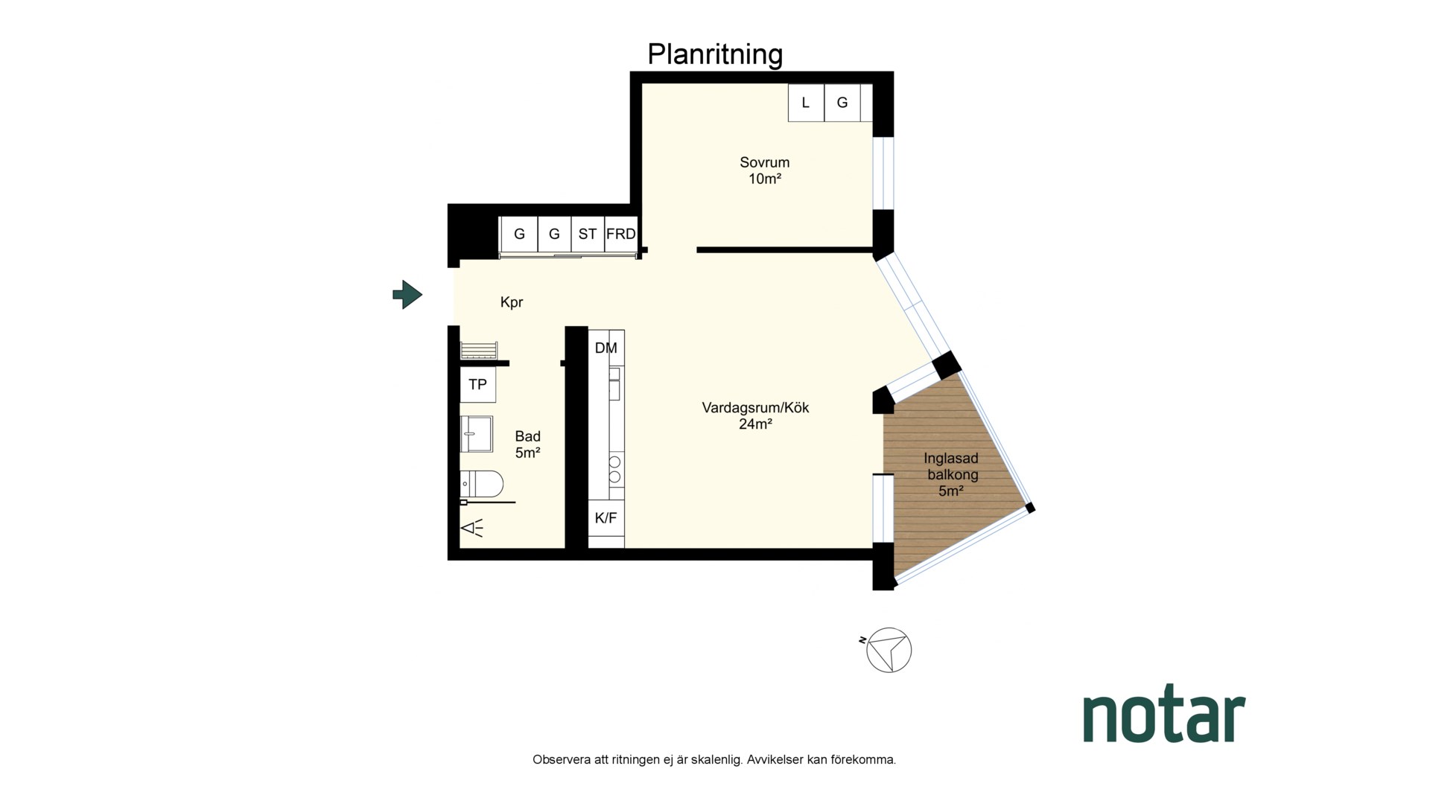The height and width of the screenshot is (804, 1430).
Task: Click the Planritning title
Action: tap(715, 55)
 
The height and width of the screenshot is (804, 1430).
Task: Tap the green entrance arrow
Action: tap(407, 295)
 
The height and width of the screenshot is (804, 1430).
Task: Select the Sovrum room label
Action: tap(764, 162)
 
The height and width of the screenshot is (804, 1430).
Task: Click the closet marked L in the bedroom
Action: tap(806, 103)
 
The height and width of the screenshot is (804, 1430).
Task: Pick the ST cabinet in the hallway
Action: tap(588, 234)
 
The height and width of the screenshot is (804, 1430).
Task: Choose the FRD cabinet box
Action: tap(620, 234)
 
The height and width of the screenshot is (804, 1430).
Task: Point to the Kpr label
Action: tap(512, 302)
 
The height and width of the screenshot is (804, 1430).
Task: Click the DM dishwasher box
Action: tap(606, 348)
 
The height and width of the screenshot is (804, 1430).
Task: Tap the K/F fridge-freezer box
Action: tap(606, 518)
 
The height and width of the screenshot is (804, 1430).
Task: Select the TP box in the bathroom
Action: tap(477, 384)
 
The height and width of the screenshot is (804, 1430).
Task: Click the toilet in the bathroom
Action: tap(481, 484)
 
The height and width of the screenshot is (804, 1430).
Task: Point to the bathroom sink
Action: tap(476, 434)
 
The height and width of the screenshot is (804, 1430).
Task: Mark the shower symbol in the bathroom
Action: tap(471, 529)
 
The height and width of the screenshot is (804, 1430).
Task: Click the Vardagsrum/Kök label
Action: tap(755, 408)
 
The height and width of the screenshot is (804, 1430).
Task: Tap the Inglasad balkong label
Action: tap(951, 466)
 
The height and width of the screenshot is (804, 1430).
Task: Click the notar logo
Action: tap(1164, 716)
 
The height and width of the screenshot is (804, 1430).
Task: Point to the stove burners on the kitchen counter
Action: tap(615, 468)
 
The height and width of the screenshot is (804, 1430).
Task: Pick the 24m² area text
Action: tap(755, 424)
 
